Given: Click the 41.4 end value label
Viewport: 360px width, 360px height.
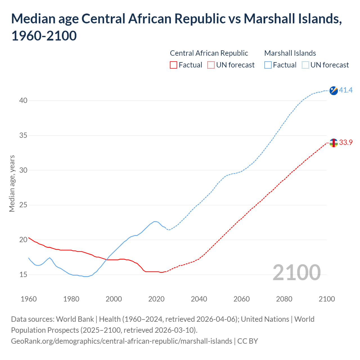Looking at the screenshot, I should (346, 90).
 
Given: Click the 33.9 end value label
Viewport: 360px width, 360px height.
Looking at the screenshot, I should (346, 143).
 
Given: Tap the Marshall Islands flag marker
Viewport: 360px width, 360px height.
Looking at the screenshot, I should (334, 91).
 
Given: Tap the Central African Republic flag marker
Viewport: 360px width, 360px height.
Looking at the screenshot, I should (334, 143).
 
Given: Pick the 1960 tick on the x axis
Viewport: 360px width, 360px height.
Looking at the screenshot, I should (29, 299).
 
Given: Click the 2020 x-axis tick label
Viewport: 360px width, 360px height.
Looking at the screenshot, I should (156, 299).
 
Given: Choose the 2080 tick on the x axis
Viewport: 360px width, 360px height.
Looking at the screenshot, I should (284, 299).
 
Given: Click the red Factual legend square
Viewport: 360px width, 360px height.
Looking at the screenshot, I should (174, 65).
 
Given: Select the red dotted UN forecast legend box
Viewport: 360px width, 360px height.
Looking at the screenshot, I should (211, 65).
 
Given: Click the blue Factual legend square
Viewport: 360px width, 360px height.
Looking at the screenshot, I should (268, 65).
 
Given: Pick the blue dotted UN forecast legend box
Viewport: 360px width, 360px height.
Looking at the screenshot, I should (305, 65).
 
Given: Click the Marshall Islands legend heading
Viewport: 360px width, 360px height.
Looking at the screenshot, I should (290, 53).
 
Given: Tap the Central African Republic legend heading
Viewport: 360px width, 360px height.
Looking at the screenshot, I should (209, 53).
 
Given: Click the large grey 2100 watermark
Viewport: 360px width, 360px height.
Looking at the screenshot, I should (296, 273).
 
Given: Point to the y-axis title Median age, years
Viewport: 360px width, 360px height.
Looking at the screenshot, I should (12, 183).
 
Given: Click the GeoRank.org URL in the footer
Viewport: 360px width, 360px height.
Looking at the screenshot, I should (121, 341).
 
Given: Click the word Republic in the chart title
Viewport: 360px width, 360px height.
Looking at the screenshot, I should (199, 19).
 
